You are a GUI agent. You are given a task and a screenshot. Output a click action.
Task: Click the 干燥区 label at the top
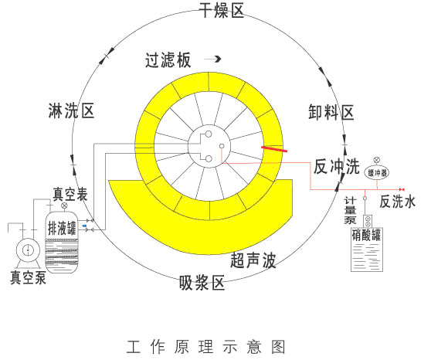tap(222, 10)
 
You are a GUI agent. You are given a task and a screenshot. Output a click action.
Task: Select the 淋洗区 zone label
tap(72, 110)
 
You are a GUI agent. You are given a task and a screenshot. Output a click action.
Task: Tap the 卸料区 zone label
tap(331, 112)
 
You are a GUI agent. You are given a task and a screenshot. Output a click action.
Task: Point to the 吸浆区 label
tap(202, 282)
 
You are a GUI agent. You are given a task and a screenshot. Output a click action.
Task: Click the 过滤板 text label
tap(168, 60)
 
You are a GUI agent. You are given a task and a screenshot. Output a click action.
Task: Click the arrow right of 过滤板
tap(212, 59)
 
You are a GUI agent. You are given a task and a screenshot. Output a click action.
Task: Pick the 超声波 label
tap(253, 260)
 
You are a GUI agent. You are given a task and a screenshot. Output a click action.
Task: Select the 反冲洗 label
tap(337, 166)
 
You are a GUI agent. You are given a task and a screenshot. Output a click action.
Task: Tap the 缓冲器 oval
tap(378, 173)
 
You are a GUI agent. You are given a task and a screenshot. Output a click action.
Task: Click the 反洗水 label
tap(397, 202)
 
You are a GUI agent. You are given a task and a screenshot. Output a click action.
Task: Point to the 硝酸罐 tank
tap(367, 250)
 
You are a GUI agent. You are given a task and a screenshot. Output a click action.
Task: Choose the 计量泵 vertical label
tap(350, 210)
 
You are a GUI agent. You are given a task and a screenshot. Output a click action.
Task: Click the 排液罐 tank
tap(62, 242)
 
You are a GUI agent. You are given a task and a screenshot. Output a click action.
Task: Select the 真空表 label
tap(70, 194)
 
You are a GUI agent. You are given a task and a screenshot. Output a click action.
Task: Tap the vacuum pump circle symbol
tap(28, 250)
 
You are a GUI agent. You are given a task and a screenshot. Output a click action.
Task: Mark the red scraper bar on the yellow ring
tap(274, 149)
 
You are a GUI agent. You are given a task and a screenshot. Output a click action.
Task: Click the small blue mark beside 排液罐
tap(84, 226)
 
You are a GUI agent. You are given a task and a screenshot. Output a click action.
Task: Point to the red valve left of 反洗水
tap(402, 189)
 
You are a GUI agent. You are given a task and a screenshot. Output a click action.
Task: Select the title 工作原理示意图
tap(205, 347)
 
